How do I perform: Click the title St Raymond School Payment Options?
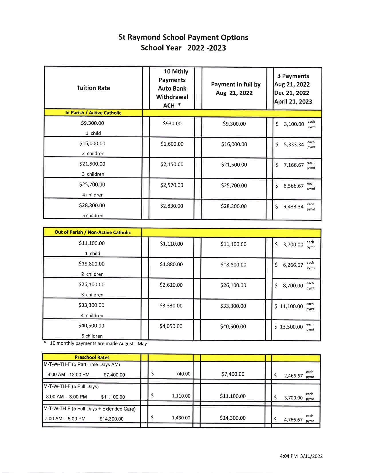click(183, 38)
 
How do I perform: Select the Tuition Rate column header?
click(93, 88)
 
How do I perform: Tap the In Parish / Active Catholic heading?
click(93, 113)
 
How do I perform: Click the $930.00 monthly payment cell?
click(172, 124)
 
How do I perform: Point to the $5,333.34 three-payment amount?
click(293, 144)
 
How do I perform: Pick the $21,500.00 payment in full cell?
click(234, 165)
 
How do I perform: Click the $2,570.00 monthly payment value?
click(172, 185)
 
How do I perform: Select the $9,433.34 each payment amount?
click(293, 206)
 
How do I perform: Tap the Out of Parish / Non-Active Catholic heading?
click(92, 232)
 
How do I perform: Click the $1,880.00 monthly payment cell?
click(171, 264)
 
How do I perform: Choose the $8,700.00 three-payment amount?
click(293, 286)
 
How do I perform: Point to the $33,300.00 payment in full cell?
click(233, 306)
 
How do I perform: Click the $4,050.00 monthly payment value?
click(171, 326)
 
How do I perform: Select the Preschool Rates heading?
click(92, 357)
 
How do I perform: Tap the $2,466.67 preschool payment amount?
click(293, 376)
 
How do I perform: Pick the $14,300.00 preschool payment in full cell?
click(232, 418)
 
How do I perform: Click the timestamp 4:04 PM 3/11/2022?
click(301, 456)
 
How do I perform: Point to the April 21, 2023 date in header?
click(293, 101)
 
